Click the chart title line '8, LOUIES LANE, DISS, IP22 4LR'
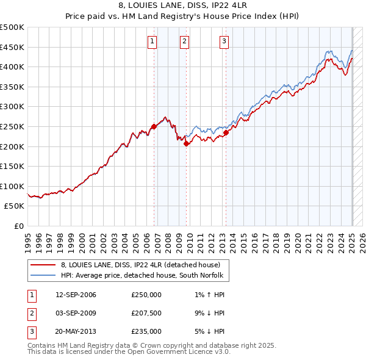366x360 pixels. click(x=182, y=6)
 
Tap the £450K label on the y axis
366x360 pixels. click(x=12, y=47)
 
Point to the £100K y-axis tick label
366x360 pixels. click(x=12, y=186)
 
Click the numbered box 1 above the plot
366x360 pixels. click(x=151, y=41)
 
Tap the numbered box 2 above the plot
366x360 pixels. click(x=184, y=41)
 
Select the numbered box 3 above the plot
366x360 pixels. click(x=224, y=41)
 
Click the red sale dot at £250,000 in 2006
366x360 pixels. click(x=154, y=126)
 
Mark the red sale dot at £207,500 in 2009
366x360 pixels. click(x=186, y=143)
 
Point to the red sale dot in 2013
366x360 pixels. click(x=226, y=132)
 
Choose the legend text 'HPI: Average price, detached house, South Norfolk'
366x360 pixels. click(x=142, y=275)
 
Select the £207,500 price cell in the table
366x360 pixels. click(x=146, y=313)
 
